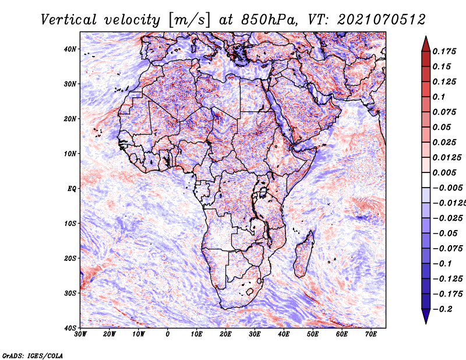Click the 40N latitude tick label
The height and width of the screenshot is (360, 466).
click(x=70, y=49)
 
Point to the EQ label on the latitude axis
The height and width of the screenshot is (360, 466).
click(x=72, y=189)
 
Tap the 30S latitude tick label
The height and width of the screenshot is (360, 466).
click(x=70, y=293)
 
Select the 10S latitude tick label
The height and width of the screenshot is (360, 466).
click(x=70, y=223)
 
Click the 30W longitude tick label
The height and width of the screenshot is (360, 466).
click(x=80, y=334)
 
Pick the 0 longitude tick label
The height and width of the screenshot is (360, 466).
click(x=168, y=334)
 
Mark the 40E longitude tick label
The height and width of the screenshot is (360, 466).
click(x=284, y=334)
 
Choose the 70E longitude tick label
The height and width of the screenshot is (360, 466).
click(x=371, y=334)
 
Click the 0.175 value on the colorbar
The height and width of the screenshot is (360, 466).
click(x=444, y=51)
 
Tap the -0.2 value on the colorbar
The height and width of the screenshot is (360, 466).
click(x=442, y=309)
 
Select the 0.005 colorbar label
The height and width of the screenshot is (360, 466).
click(x=444, y=172)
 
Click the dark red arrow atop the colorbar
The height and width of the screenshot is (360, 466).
click(x=426, y=44)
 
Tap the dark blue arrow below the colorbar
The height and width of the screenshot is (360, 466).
click(x=426, y=316)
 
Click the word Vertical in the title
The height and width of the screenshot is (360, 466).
click(x=68, y=20)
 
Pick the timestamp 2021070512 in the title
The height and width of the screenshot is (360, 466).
click(x=382, y=20)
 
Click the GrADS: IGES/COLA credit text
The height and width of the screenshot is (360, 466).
click(x=33, y=355)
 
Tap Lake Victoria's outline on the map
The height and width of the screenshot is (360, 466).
click(x=263, y=192)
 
